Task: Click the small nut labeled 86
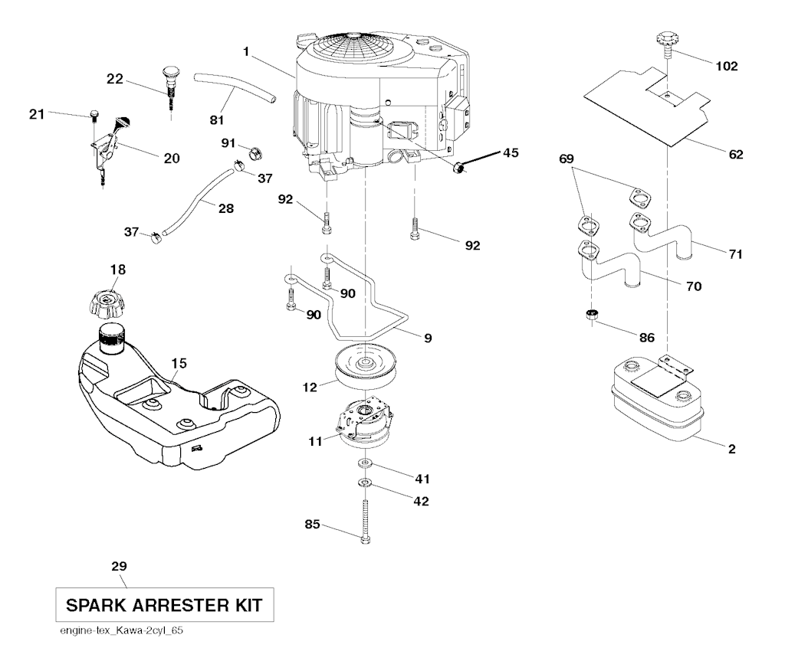(593, 314)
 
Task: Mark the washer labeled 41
(365, 465)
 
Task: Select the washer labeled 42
(365, 483)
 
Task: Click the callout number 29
(119, 567)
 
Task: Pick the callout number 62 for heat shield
(736, 155)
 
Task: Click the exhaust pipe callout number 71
(735, 254)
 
